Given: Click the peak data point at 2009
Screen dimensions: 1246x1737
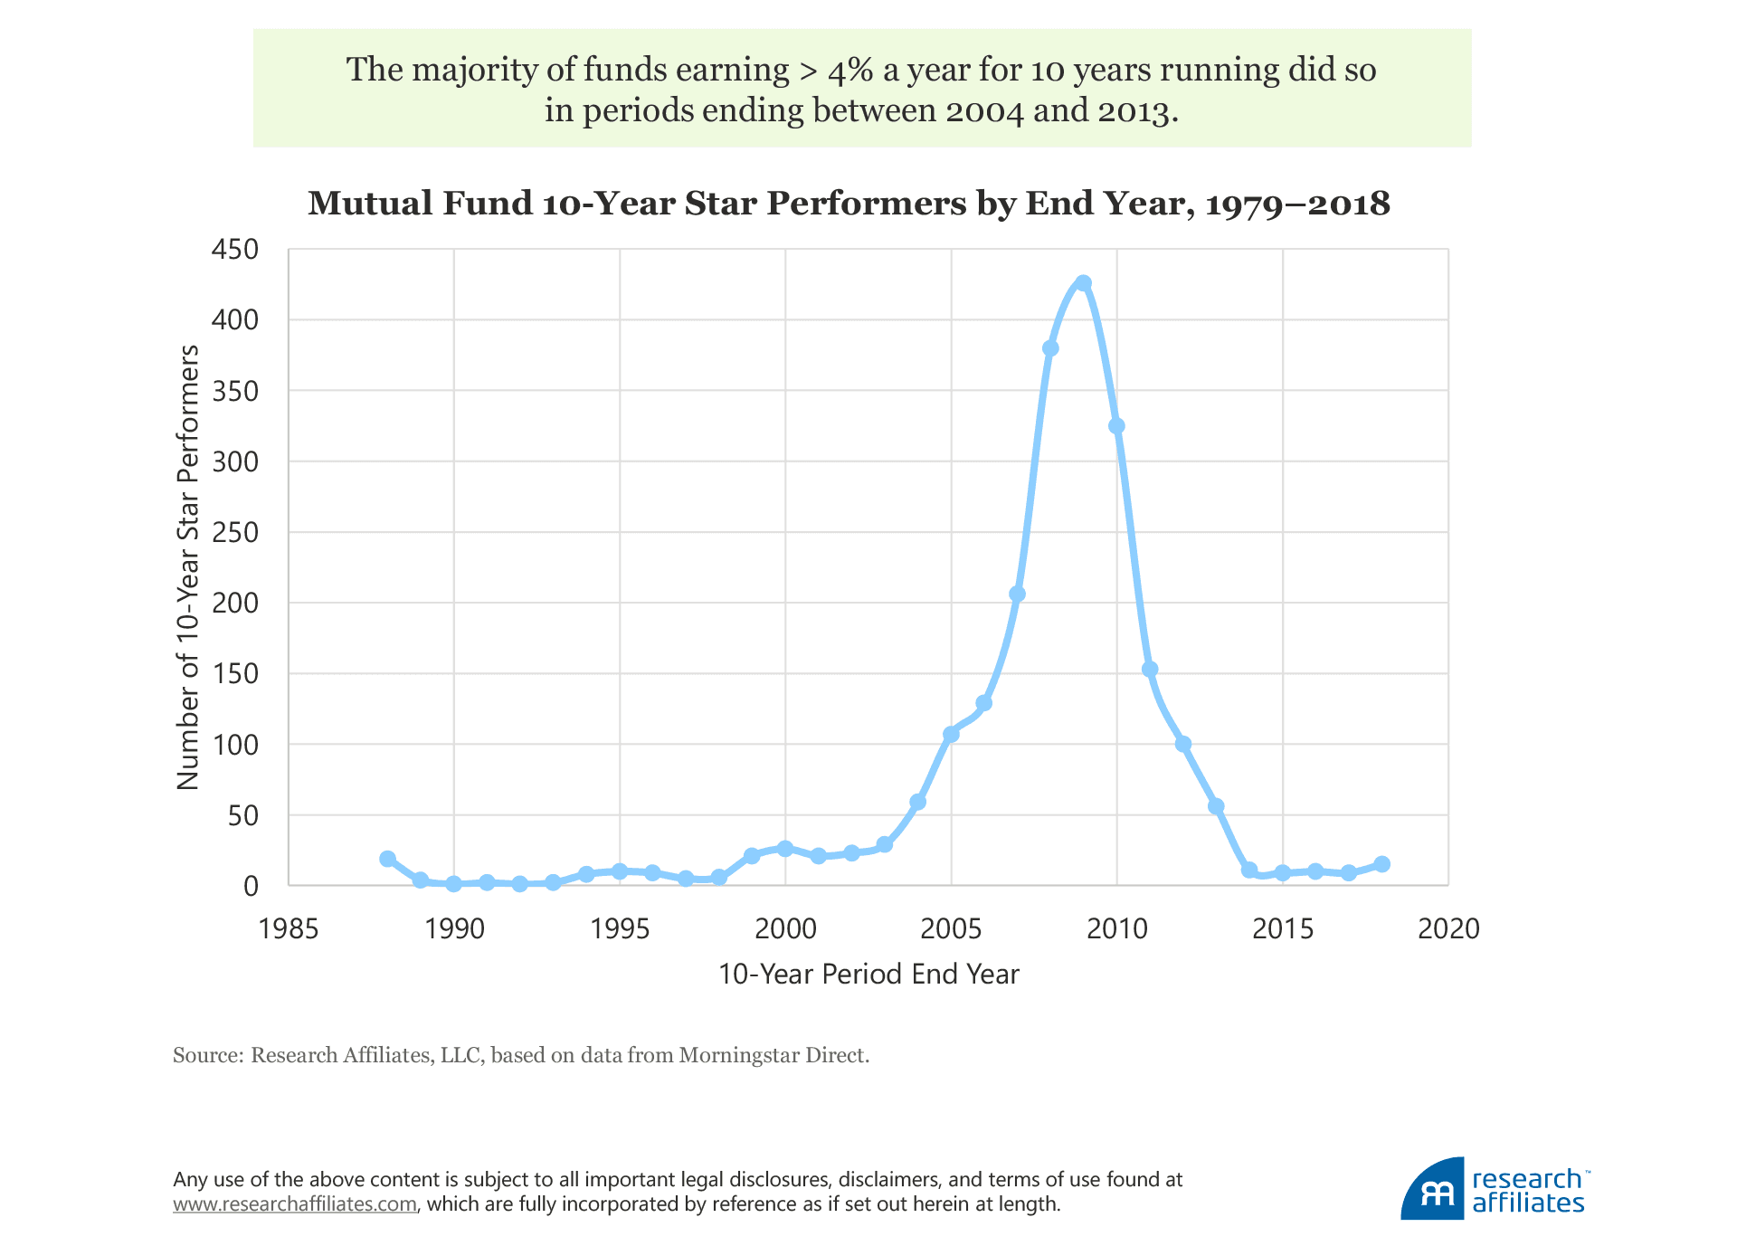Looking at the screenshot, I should (1083, 283).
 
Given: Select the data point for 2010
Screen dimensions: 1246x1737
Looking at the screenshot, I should (1116, 426).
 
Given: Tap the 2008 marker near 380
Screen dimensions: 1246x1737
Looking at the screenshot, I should (1050, 348).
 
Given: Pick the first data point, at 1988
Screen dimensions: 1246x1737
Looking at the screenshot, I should (387, 859).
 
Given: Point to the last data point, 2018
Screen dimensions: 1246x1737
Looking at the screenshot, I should (1381, 864).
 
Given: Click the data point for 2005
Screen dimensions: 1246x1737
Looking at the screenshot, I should (951, 734).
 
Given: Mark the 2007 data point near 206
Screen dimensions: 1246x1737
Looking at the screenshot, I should (1017, 594).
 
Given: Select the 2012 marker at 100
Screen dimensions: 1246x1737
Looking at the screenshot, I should (1182, 744).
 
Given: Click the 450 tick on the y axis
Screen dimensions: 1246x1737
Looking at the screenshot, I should (234, 249).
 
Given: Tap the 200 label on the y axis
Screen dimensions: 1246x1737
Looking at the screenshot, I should (234, 603).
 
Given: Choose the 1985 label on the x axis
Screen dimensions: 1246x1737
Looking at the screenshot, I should (289, 928).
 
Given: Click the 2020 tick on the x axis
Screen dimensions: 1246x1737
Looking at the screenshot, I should (1447, 928).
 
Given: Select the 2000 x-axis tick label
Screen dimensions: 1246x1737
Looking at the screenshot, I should (785, 928).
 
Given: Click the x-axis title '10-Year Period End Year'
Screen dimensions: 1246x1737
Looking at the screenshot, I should (868, 974).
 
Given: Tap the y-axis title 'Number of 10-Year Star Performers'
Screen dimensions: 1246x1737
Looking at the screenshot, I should (187, 567).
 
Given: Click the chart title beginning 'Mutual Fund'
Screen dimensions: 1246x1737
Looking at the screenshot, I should (849, 204).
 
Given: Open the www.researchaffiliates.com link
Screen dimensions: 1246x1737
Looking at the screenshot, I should (295, 1204).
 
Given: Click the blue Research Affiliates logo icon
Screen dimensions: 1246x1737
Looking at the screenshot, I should (1431, 1190).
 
